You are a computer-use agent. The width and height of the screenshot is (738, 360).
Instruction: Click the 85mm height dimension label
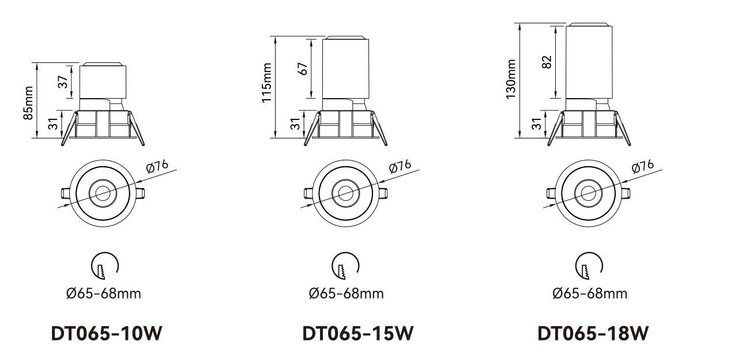(x=28, y=103)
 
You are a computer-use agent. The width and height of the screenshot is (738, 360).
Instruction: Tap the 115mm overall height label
(x=266, y=82)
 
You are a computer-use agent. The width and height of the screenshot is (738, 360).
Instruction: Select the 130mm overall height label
(x=510, y=79)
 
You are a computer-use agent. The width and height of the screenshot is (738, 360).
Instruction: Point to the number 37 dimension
(x=63, y=82)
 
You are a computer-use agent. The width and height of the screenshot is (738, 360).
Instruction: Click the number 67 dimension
(x=304, y=69)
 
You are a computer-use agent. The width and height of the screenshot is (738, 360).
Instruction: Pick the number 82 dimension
(x=547, y=62)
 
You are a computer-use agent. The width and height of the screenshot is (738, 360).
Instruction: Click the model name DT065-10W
(x=107, y=333)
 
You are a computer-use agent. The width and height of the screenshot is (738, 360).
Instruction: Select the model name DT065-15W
(x=358, y=333)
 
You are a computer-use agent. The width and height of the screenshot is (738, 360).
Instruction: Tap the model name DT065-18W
(x=593, y=333)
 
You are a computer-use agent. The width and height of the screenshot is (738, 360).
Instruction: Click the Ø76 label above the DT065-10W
(x=157, y=166)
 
